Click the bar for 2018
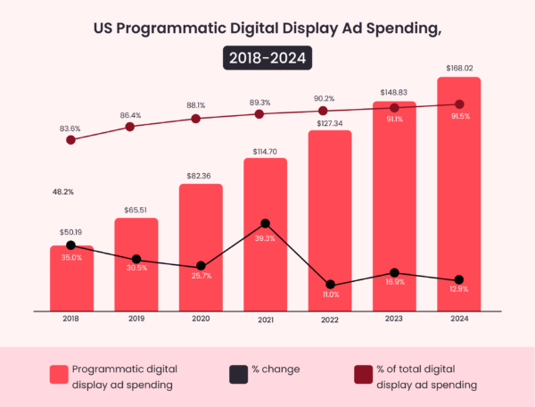click(71, 278)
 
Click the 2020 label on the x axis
click(201, 318)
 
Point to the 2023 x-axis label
click(395, 318)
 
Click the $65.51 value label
click(136, 210)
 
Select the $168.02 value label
click(459, 68)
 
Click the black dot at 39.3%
click(265, 223)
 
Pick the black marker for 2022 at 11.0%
click(330, 285)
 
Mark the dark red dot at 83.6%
click(71, 140)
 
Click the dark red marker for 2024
click(459, 104)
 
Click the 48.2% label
click(62, 191)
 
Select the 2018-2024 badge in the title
click(267, 59)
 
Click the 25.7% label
click(201, 276)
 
